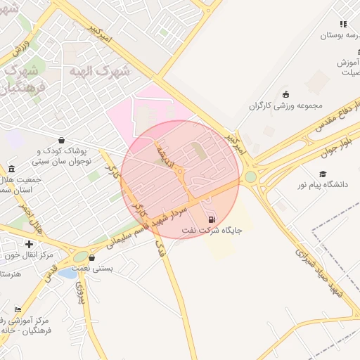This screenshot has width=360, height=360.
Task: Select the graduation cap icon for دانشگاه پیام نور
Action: (x=323, y=174)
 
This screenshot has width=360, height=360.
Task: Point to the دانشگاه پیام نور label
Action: (x=323, y=185)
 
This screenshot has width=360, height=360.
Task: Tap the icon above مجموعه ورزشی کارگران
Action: (x=285, y=95)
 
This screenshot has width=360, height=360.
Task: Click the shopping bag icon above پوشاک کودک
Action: (x=63, y=139)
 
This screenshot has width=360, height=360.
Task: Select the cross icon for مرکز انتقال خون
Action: (x=29, y=243)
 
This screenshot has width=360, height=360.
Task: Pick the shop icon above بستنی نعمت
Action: (x=92, y=257)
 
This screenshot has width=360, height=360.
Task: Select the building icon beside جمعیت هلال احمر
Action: (x=11, y=169)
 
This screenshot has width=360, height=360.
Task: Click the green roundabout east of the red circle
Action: (x=250, y=176)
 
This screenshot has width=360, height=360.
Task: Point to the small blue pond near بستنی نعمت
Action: (x=67, y=273)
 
